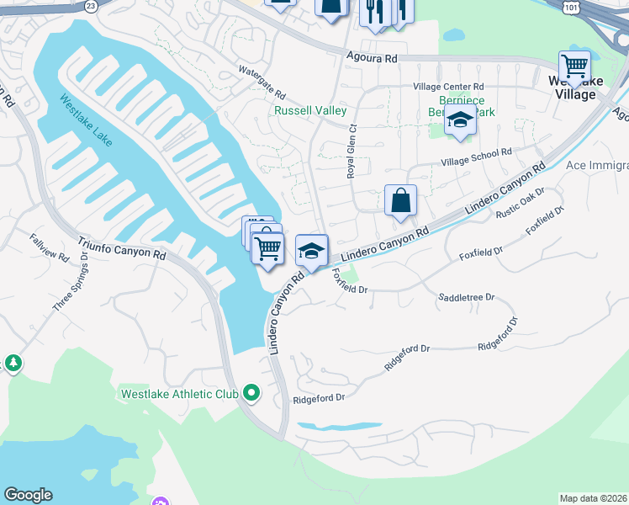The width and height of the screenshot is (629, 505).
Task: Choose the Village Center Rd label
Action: click(447, 86)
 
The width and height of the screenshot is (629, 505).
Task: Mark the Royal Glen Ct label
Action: click(351, 151)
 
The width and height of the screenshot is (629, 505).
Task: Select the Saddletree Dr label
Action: click(467, 297)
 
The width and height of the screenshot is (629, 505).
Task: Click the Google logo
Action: click(28, 495)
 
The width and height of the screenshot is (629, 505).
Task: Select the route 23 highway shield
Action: click(91, 4)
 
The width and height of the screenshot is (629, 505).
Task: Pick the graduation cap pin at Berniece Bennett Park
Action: click(460, 120)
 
